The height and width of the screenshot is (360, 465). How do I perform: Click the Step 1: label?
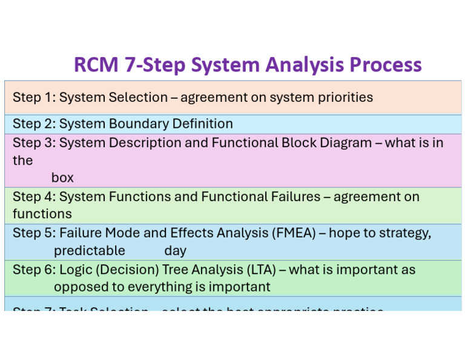34,97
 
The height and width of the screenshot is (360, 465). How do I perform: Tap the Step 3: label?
34,143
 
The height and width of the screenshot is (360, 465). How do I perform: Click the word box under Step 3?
62,178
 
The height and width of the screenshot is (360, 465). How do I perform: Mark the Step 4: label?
34,196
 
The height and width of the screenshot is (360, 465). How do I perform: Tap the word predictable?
90,250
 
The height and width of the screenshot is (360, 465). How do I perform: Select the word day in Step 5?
175,250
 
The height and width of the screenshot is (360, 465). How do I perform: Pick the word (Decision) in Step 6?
127,270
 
